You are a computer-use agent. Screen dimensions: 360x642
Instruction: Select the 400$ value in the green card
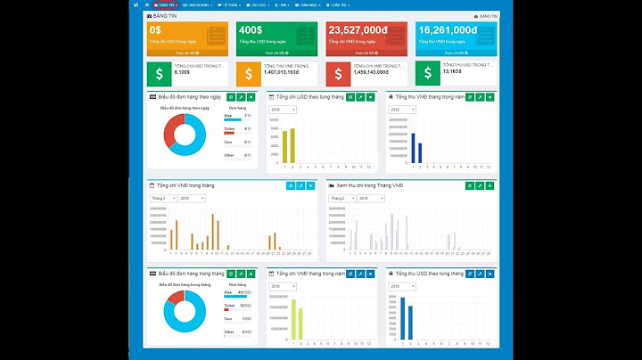251,29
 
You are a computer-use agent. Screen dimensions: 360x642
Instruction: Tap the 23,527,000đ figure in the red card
358,29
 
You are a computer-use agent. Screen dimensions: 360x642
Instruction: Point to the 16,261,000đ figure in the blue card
448,29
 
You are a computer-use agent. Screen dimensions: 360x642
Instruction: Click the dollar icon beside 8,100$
160,72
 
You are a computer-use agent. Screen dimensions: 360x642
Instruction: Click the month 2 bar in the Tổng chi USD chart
292,145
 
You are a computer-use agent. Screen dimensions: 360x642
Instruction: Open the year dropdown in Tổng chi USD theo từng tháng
284,110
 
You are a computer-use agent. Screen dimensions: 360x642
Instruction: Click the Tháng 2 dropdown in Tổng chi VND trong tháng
163,198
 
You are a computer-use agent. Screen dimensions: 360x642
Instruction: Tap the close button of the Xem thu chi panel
490,185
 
